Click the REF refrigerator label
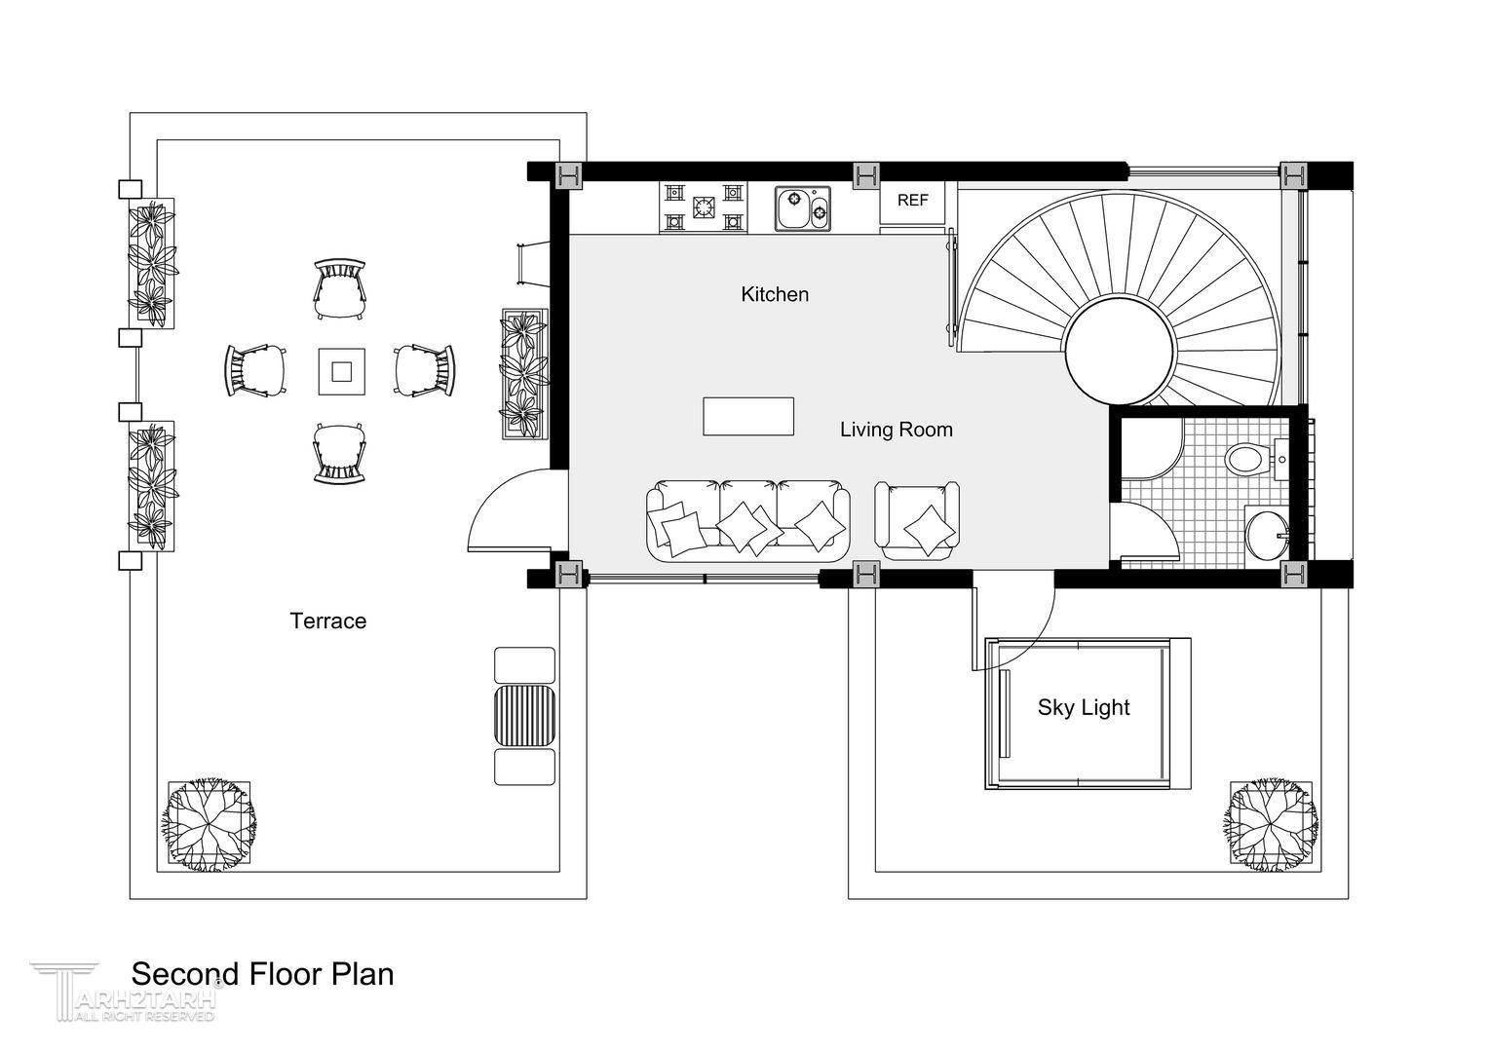click(912, 200)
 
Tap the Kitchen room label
click(775, 294)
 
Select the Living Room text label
click(897, 430)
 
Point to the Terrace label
click(327, 620)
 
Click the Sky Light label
click(1084, 707)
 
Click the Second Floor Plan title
click(262, 974)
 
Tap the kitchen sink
click(802, 208)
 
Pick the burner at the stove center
click(703, 207)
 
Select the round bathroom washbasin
click(1266, 535)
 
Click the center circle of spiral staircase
click(1120, 351)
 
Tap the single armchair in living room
click(917, 520)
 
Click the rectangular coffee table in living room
click(748, 417)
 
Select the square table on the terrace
click(342, 371)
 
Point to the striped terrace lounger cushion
click(524, 716)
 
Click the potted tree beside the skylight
click(1271, 825)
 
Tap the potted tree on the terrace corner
click(210, 825)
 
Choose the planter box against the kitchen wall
click(524, 373)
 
